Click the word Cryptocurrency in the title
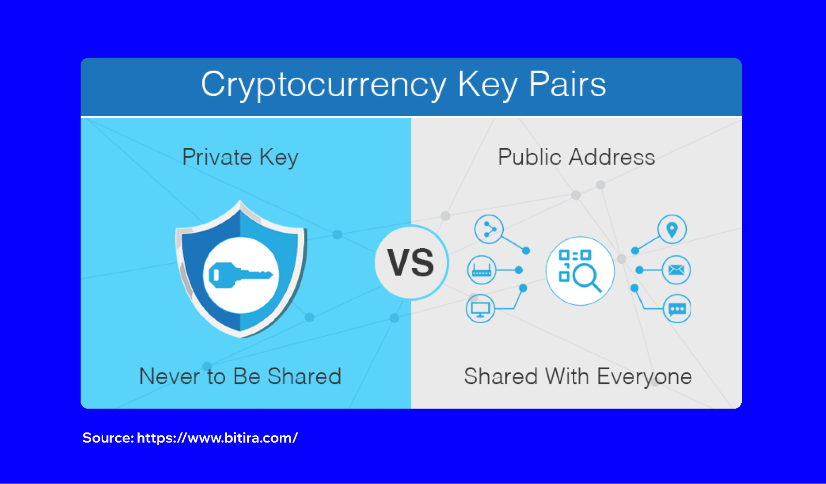(324, 85)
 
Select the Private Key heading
(240, 157)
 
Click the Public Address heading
(576, 157)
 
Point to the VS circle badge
(411, 262)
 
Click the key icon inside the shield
(240, 275)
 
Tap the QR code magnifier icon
(580, 271)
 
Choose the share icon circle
(489, 229)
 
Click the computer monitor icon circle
(480, 309)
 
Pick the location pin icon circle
(672, 229)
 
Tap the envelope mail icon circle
(676, 270)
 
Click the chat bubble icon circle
(677, 309)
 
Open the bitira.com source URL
(217, 438)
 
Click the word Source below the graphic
(107, 438)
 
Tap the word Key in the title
(488, 85)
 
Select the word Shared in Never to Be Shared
(304, 377)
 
